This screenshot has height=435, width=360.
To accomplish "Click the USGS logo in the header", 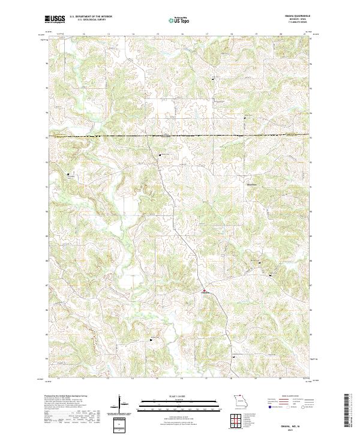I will click(x=55, y=20).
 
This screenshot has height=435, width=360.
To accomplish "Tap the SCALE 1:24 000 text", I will click(x=180, y=395).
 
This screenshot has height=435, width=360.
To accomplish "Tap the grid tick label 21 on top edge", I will click(x=305, y=34).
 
